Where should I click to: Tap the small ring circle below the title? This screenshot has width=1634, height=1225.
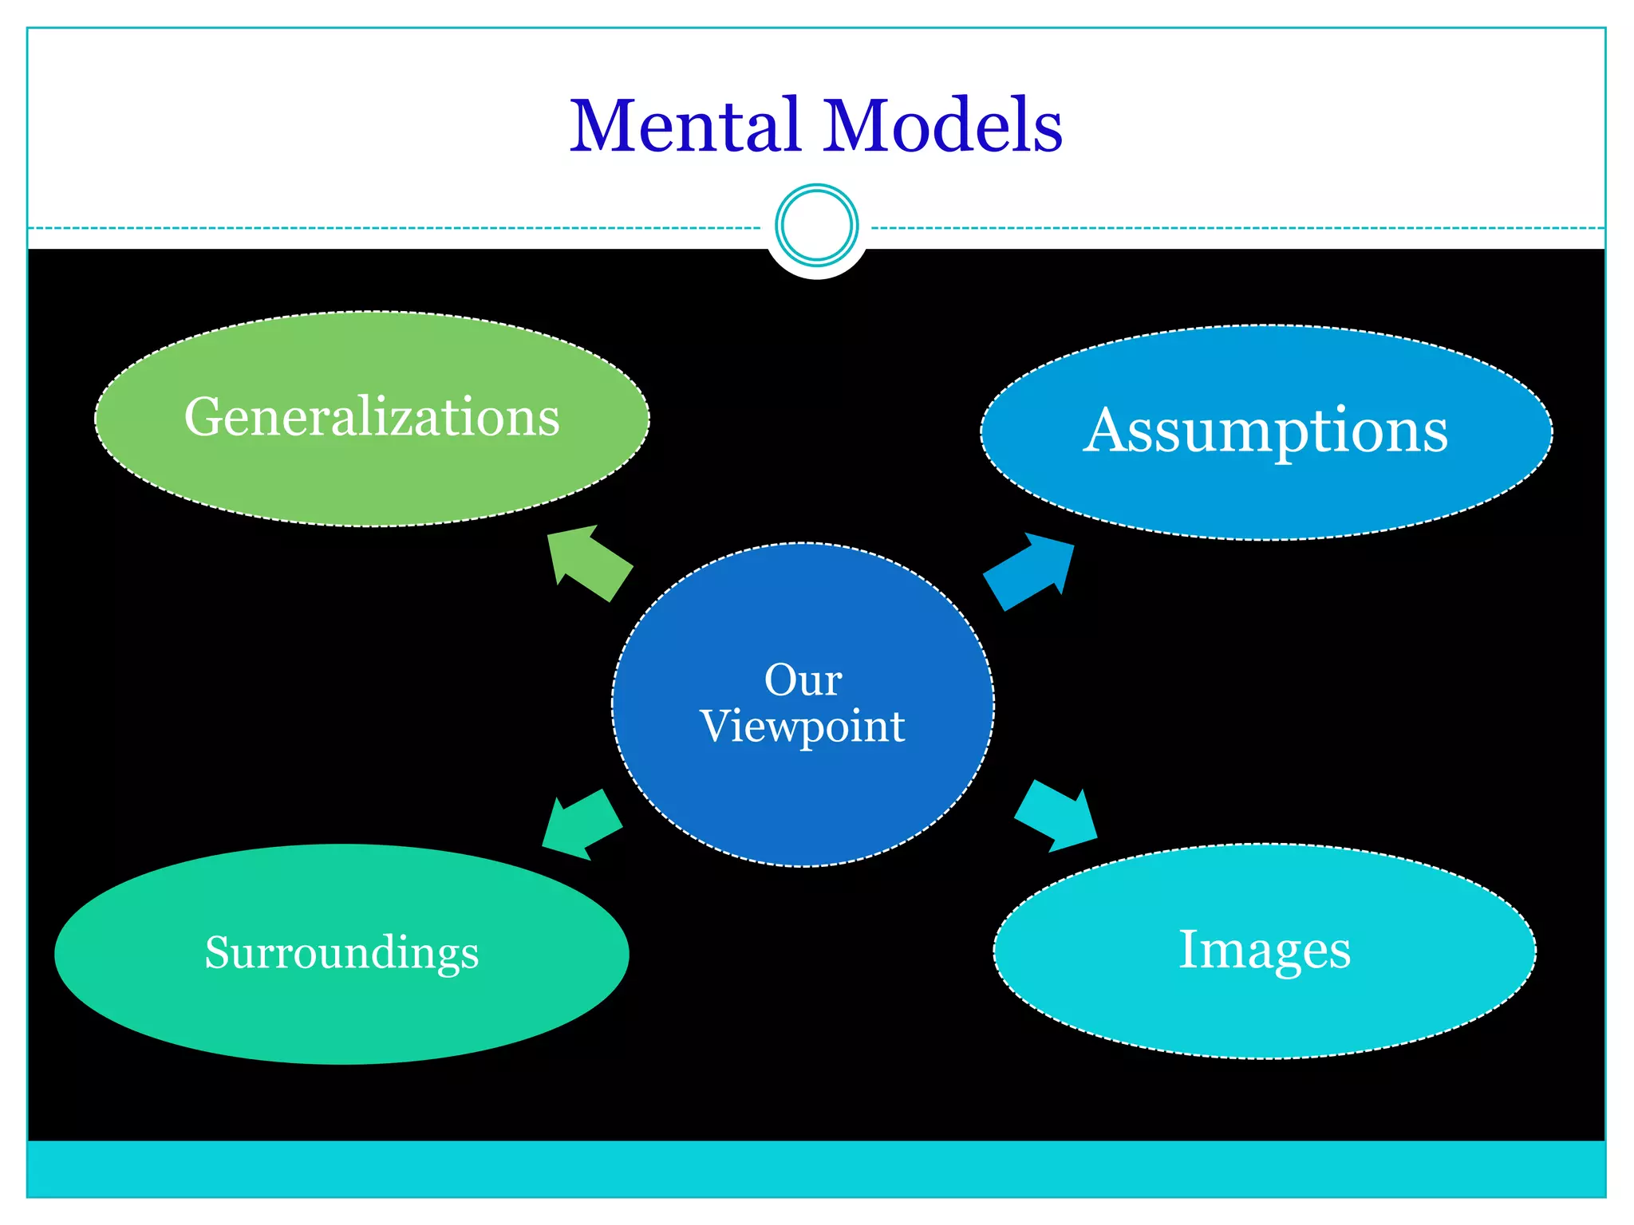pyautogui.click(x=816, y=225)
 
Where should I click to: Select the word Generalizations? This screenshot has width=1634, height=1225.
pyautogui.click(x=372, y=417)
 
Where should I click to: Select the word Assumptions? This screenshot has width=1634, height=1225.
pyautogui.click(x=1265, y=431)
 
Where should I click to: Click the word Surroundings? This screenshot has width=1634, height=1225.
pyautogui.click(x=341, y=952)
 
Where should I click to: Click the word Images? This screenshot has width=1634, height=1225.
pyautogui.click(x=1265, y=950)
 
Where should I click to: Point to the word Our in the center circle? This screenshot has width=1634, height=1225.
pyautogui.click(x=803, y=680)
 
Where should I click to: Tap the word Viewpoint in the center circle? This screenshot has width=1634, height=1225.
pyautogui.click(x=803, y=727)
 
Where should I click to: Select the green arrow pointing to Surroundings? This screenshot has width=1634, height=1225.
pyautogui.click(x=582, y=825)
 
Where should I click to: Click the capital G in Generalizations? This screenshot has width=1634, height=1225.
pyautogui.click(x=204, y=417)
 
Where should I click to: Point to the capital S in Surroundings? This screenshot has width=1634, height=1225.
pyautogui.click(x=218, y=952)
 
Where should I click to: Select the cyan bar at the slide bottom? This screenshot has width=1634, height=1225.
pyautogui.click(x=816, y=1168)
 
